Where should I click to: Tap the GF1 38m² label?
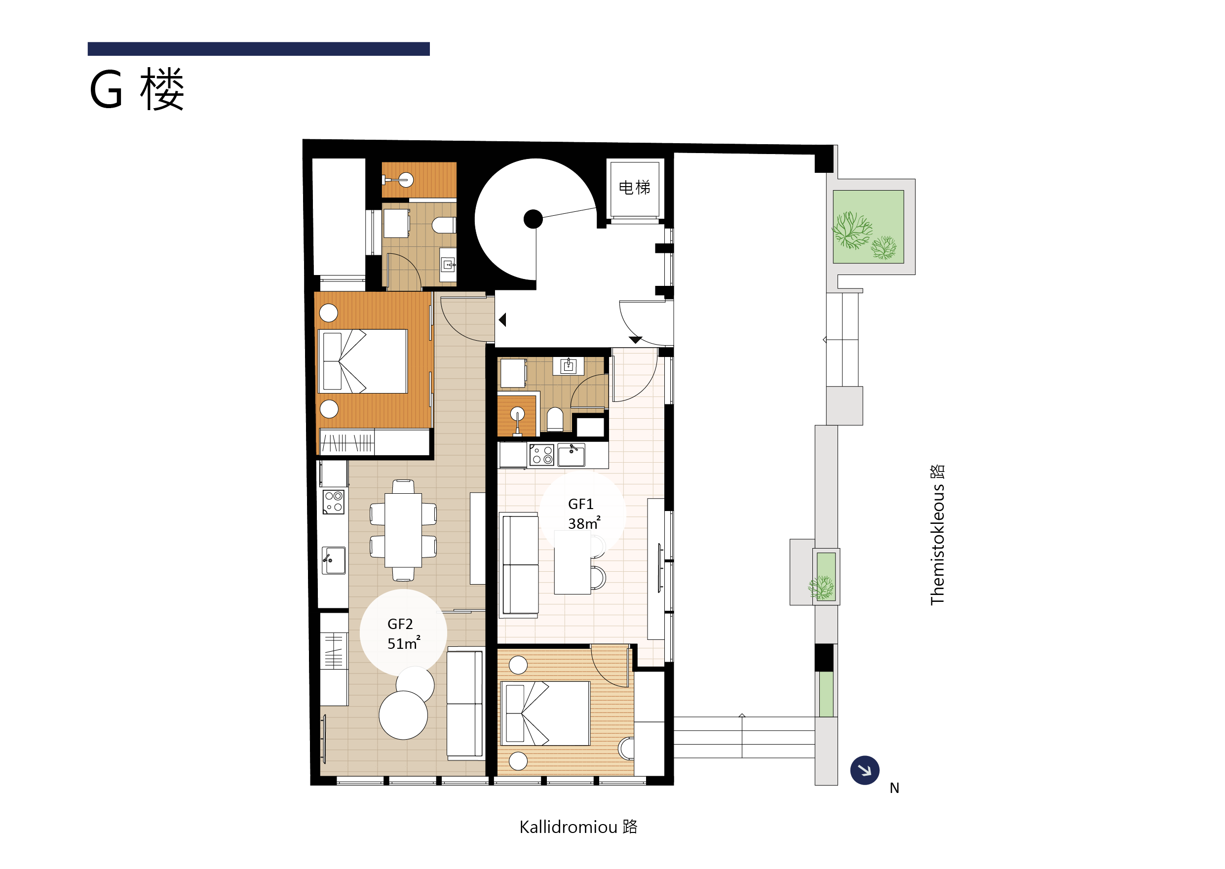(x=583, y=513)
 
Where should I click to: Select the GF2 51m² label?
(x=403, y=633)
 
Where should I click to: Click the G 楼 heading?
(x=137, y=89)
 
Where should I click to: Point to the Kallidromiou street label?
(x=578, y=827)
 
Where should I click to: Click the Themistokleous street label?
(x=937, y=535)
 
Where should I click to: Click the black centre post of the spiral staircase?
(x=533, y=219)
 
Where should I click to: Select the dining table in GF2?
(x=403, y=530)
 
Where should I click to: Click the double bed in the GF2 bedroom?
(x=363, y=361)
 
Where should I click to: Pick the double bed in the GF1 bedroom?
(x=545, y=713)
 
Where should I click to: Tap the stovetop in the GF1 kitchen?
(x=541, y=455)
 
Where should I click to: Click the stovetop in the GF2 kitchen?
(x=333, y=503)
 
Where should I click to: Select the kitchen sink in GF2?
(x=333, y=560)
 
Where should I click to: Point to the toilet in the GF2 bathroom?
(x=444, y=225)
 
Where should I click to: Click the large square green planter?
(x=868, y=227)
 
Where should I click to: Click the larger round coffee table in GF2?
(x=403, y=715)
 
